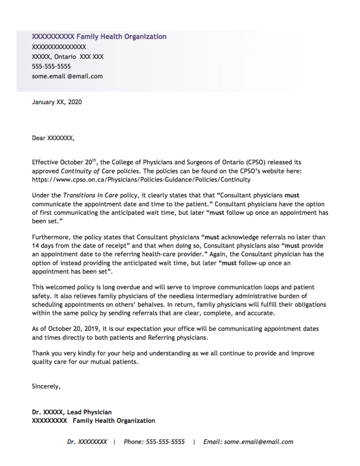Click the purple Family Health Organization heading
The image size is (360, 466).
click(x=99, y=36)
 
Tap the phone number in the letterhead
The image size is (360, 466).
click(x=51, y=66)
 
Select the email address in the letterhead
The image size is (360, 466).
click(x=67, y=76)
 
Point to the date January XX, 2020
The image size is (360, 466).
click(x=57, y=102)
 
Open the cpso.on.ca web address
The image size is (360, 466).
click(x=141, y=179)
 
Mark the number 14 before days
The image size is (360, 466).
click(x=35, y=246)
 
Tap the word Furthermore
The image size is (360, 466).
click(x=50, y=238)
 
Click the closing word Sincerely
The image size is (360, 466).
click(x=46, y=386)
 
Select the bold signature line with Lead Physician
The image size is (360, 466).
click(x=72, y=412)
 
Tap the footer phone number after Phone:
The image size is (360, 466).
click(x=165, y=442)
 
